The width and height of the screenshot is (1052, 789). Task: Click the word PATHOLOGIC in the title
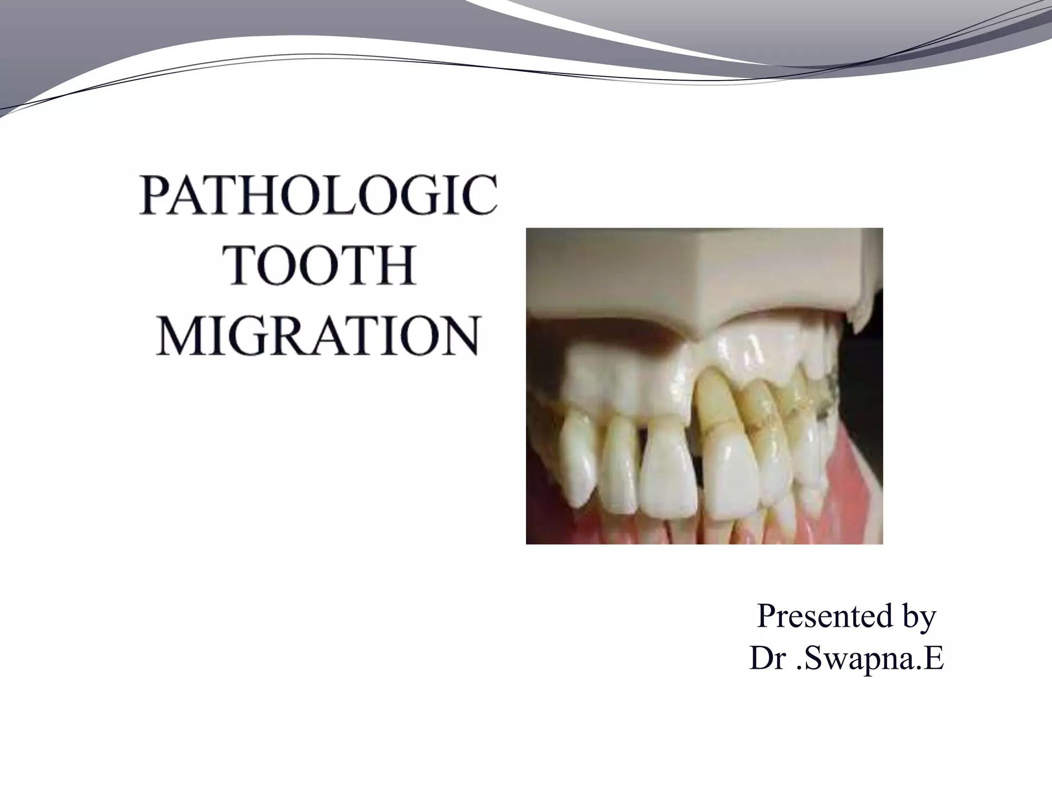[318, 197]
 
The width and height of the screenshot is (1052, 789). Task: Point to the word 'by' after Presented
[918, 617]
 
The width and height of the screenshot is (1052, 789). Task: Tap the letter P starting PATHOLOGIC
[156, 197]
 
